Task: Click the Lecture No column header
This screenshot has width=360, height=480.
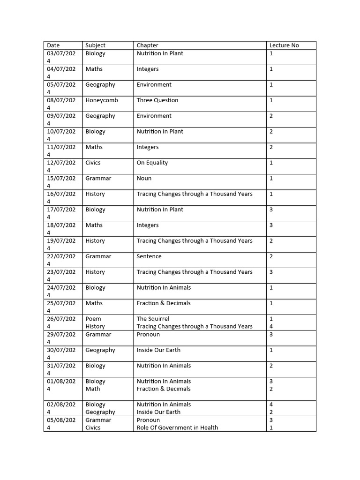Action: coord(284,45)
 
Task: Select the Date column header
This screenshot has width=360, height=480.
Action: coord(53,45)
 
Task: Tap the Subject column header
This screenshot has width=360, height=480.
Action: coord(95,45)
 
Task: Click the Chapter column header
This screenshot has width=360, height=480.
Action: coord(147,45)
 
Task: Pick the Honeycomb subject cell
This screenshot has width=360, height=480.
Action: coord(102,100)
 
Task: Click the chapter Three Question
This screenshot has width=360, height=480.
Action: coord(157,100)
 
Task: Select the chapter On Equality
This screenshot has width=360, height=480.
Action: coord(152,163)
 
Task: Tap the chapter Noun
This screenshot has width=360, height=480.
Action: coord(144,179)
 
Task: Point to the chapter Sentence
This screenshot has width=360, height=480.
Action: coord(149,256)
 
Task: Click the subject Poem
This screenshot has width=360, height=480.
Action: coord(93,319)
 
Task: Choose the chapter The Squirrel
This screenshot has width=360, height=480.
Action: coord(153,319)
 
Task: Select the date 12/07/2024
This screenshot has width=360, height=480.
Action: coord(61,166)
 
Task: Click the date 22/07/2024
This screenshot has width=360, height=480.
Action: coord(61,260)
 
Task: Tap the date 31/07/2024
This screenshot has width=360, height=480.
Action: coord(61,369)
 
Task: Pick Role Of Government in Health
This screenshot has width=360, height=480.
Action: coord(177,427)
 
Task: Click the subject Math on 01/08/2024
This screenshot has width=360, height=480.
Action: coord(93,389)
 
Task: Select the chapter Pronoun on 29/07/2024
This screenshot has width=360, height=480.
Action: coord(148,335)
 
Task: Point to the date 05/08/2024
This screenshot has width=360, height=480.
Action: coord(61,424)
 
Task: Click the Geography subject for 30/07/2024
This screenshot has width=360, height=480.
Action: coord(100,350)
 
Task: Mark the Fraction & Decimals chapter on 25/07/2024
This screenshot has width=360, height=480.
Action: coord(164,303)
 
